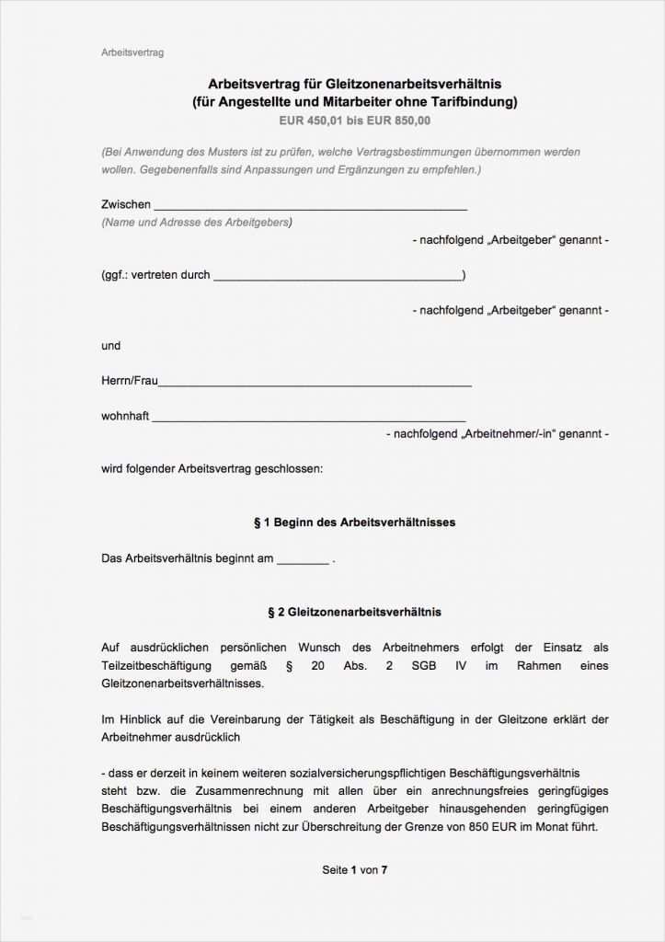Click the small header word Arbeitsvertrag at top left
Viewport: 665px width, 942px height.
(132, 52)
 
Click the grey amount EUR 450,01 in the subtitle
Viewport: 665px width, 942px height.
(311, 121)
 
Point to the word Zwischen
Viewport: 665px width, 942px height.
(126, 204)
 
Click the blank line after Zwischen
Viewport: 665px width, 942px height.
(310, 207)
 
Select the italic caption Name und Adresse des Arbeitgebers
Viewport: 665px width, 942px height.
(197, 223)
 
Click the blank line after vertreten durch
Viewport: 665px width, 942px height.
(338, 277)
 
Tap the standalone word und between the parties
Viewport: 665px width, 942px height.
(110, 346)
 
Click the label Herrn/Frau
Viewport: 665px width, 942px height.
(130, 381)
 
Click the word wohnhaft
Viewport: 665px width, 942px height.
(125, 416)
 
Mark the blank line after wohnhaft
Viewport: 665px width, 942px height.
(308, 419)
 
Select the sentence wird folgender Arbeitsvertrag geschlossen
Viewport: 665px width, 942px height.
(212, 468)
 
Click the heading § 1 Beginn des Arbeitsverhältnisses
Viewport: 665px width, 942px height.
(354, 523)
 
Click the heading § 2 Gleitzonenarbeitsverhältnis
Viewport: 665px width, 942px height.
(354, 612)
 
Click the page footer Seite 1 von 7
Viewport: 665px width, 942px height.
(354, 869)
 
